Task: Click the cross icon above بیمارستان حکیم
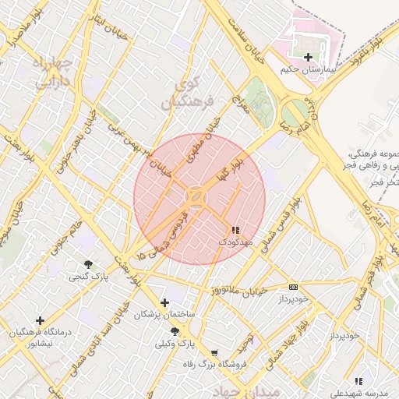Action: pos(309,58)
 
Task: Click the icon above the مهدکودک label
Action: pos(235,230)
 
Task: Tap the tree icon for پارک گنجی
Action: pos(89,265)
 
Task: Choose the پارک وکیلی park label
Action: pos(174,344)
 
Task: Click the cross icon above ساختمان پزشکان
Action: pos(164,302)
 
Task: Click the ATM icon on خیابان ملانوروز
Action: pos(293,287)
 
